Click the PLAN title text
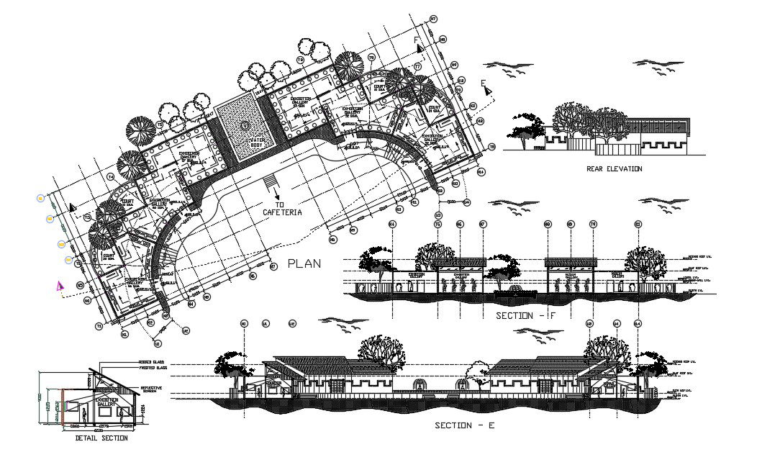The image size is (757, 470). tap(304, 263)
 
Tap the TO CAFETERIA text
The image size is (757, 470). tap(281, 208)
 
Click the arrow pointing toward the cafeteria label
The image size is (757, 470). tap(277, 192)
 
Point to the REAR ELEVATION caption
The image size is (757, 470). tap(615, 169)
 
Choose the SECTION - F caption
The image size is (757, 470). tap(525, 316)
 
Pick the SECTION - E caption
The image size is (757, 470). tap(465, 425)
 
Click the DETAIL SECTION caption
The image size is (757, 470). tap(101, 438)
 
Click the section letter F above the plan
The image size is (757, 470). tap(416, 40)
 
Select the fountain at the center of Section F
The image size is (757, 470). tap(512, 289)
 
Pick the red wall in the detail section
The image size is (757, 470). tap(64, 407)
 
